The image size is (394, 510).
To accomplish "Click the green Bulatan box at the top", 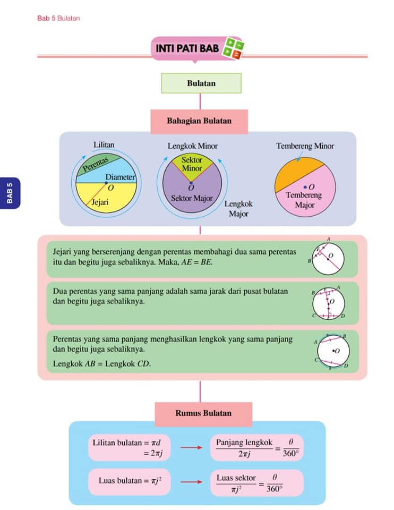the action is point(201,83).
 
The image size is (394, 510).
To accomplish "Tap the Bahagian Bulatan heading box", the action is point(199,121).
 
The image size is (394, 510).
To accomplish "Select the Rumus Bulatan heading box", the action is point(203,414).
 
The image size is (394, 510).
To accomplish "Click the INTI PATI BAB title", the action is point(187,48).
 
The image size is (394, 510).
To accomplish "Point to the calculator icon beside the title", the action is point(233,48).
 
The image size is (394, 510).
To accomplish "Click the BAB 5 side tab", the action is point(10,193).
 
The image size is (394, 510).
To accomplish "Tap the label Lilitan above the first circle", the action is point(104,144).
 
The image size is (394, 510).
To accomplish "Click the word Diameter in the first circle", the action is point(120,177).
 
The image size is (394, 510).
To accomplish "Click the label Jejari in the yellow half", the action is point(100,202).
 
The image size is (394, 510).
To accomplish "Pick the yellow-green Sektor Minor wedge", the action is point(192,166).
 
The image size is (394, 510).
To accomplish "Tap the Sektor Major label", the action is point(192,198).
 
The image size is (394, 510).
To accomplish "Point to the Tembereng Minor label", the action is point(305,146).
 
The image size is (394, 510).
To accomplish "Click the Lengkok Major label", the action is point(238,209).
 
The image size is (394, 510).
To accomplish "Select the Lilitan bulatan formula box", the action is point(129,447).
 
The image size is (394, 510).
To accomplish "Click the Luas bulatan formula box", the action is point(129,481).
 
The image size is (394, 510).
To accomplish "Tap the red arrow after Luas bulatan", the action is point(192,481).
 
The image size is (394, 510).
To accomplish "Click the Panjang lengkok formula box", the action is point(257,448).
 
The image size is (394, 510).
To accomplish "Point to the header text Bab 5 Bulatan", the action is point(58,18).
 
